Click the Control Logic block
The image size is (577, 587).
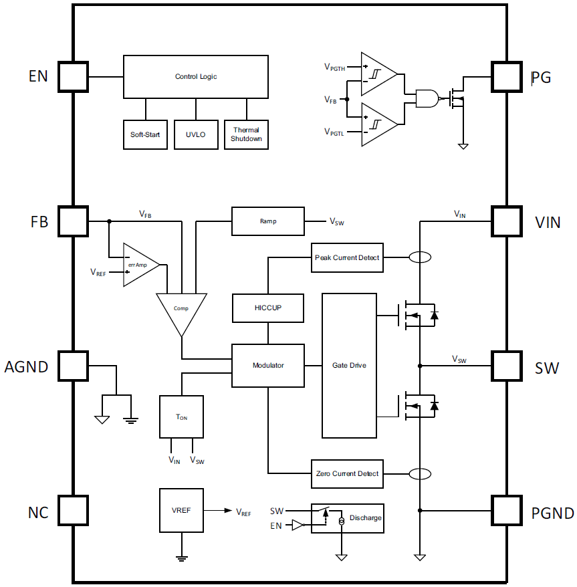[196, 77]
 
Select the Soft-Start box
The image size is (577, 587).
[145, 134]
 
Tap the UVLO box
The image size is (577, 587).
[196, 134]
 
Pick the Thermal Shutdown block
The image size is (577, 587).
[247, 134]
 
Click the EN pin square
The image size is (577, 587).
[73, 77]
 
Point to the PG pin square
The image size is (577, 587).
[506, 77]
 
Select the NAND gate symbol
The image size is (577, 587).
[427, 99]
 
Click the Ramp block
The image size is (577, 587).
[268, 221]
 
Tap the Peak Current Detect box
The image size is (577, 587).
[348, 258]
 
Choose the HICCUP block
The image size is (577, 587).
[268, 308]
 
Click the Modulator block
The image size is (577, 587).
[268, 365]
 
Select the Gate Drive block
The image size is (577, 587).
[349, 365]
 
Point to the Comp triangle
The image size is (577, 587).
[181, 311]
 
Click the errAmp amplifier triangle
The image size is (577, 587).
[139, 265]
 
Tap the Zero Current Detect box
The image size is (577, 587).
[348, 474]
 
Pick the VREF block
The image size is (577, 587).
[181, 510]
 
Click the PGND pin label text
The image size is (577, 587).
[552, 513]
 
